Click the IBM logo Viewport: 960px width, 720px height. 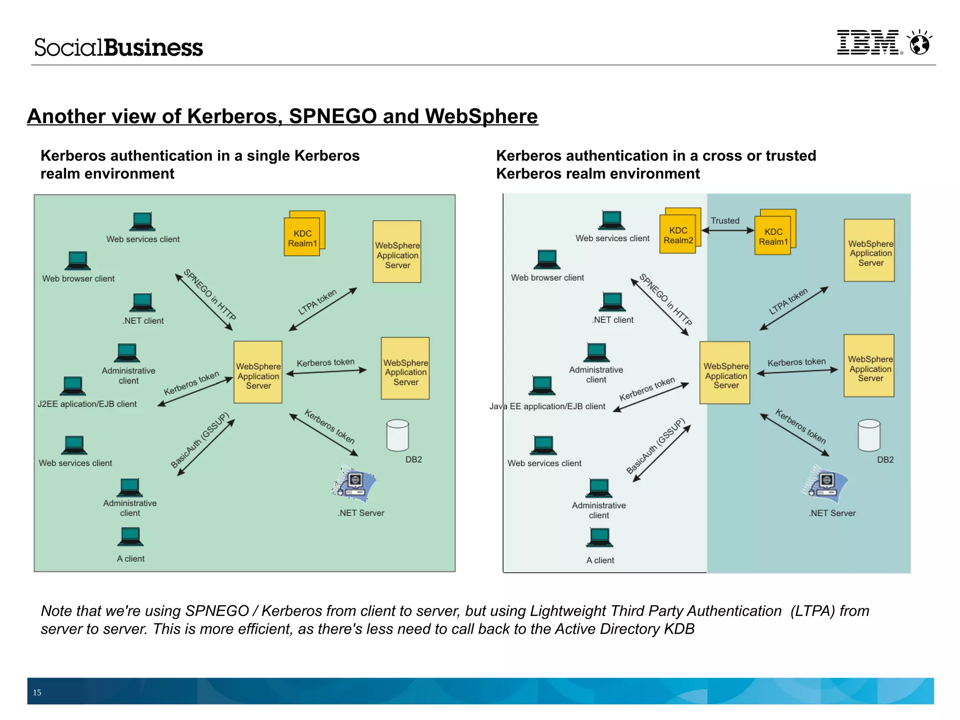[x=868, y=43]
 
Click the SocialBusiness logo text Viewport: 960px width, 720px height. [x=119, y=48]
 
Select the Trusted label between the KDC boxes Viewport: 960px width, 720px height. [x=725, y=221]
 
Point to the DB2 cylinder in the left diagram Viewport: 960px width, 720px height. [x=397, y=435]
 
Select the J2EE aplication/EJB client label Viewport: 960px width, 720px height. [x=87, y=404]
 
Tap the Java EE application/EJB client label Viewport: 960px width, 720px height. [x=547, y=406]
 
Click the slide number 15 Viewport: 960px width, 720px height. [x=37, y=692]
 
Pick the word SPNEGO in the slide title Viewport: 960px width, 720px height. [x=333, y=116]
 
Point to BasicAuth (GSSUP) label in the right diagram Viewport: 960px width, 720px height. [x=656, y=446]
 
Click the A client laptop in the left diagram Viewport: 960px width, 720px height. [x=130, y=537]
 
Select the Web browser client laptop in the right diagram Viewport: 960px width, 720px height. [x=547, y=259]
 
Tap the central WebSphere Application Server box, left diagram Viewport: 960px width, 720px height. [x=258, y=372]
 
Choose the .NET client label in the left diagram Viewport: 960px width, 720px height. [x=143, y=321]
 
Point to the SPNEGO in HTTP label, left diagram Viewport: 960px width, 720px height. [x=210, y=295]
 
